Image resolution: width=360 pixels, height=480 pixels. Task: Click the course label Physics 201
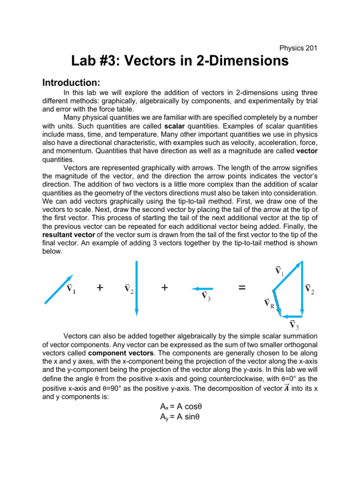pyautogui.click(x=299, y=48)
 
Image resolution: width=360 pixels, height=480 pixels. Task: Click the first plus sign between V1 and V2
pyautogui.click(x=100, y=288)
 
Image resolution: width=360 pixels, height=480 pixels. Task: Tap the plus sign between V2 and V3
pyautogui.click(x=164, y=288)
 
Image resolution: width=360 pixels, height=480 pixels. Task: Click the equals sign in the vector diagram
pyautogui.click(x=241, y=288)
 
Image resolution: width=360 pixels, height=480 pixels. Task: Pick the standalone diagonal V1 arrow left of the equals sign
pyautogui.click(x=58, y=289)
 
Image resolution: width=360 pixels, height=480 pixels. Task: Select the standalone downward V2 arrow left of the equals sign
pyautogui.click(x=136, y=289)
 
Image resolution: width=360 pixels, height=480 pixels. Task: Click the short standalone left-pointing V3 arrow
pyautogui.click(x=202, y=289)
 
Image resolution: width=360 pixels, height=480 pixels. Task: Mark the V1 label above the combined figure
pyautogui.click(x=278, y=270)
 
